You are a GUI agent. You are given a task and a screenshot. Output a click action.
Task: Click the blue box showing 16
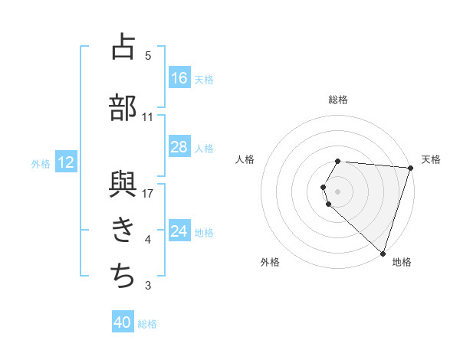pyautogui.click(x=179, y=78)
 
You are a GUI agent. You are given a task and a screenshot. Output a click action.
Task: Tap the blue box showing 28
pyautogui.click(x=179, y=147)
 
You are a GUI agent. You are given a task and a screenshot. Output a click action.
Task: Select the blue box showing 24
pyautogui.click(x=179, y=231)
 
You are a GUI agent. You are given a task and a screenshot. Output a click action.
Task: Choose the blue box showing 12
pyautogui.click(x=65, y=162)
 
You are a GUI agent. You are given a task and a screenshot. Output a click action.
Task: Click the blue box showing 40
pyautogui.click(x=123, y=323)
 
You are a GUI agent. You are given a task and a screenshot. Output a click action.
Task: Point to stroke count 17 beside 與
pyautogui.click(x=149, y=193)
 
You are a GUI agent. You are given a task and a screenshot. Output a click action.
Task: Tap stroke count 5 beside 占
pyautogui.click(x=148, y=56)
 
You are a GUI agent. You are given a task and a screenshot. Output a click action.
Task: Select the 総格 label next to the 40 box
pyautogui.click(x=147, y=324)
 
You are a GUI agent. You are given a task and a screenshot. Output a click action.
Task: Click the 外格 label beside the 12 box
pyautogui.click(x=41, y=163)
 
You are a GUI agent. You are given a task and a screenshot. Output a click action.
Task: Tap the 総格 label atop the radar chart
pyautogui.click(x=338, y=100)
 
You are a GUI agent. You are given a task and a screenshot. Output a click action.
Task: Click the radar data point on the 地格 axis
pyautogui.click(x=383, y=253)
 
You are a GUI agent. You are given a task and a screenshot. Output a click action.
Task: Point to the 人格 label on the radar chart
pyautogui.click(x=245, y=159)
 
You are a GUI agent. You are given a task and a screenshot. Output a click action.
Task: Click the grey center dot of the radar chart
pyautogui.click(x=338, y=191)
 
